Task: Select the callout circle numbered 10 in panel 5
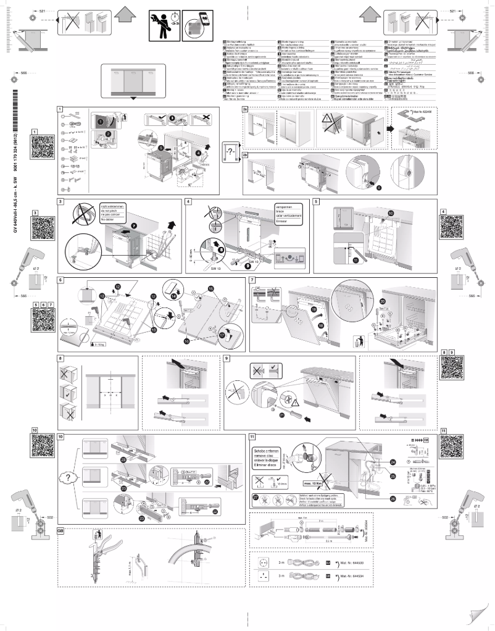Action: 390,213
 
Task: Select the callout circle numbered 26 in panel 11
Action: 393,499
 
